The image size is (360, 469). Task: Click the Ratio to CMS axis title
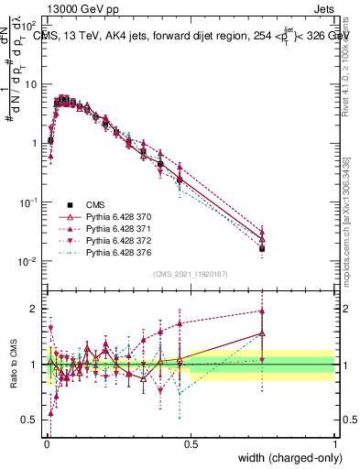[12, 365]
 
